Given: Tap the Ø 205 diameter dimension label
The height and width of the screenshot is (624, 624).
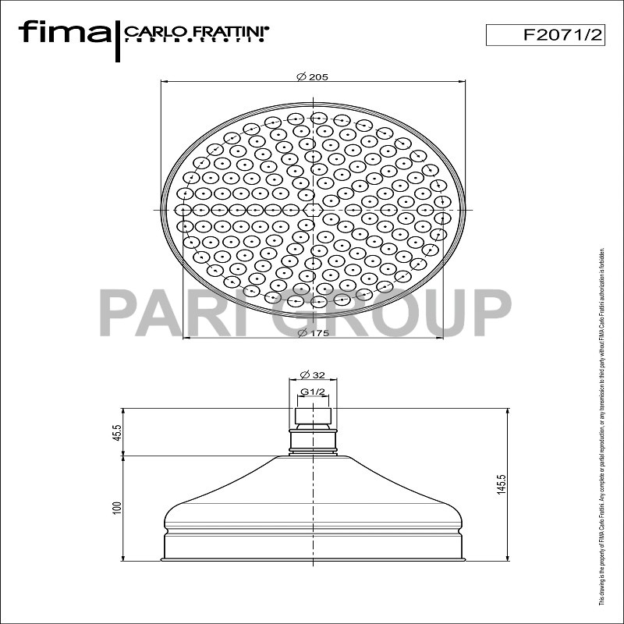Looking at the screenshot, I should click(312, 76).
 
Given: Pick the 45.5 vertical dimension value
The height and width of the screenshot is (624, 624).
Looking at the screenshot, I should click(116, 431).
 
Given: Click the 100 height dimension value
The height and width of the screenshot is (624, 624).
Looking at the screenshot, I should click(116, 507).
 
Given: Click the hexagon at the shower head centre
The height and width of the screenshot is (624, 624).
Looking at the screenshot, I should click(313, 210).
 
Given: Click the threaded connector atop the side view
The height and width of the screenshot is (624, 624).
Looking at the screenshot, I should click(313, 416).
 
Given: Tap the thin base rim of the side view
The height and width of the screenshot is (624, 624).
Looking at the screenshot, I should click(313, 558).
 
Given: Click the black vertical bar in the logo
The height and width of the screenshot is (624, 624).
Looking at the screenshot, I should click(117, 39).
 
